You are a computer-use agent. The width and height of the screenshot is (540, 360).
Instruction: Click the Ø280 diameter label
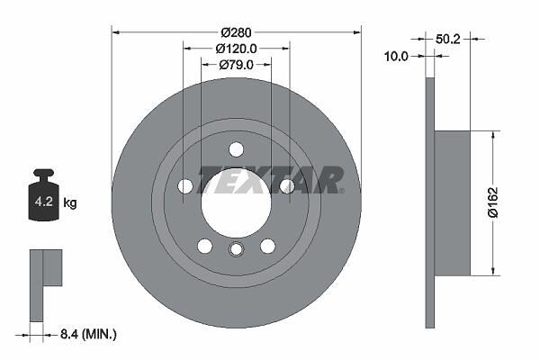point(236,32)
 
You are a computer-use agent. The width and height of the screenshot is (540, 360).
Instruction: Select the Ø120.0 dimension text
point(236,49)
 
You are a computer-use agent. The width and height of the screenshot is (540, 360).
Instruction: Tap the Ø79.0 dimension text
point(236,65)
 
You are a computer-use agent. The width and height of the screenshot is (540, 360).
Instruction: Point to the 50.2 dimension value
point(447,39)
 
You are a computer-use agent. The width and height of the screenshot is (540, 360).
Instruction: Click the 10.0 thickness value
point(396,56)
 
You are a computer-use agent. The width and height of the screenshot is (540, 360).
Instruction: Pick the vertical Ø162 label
point(493,202)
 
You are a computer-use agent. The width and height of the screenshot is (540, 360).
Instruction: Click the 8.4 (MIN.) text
point(88,334)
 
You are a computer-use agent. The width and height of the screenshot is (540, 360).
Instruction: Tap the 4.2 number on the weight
point(44,202)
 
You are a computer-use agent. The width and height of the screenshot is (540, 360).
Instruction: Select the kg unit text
point(70,202)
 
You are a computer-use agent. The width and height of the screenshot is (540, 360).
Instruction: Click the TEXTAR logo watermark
point(271,180)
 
